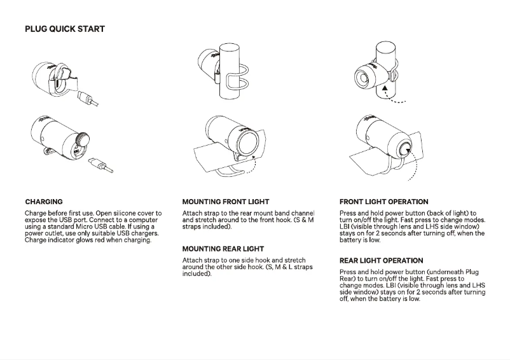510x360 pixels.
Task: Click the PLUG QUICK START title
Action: [x=65, y=29]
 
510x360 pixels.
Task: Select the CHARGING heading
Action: [x=44, y=202]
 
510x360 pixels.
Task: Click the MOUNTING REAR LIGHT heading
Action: [x=223, y=249]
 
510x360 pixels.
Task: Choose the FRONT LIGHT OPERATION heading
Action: [x=384, y=202]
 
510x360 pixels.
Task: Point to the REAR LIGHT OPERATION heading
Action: [x=382, y=260]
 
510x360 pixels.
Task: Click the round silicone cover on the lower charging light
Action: [x=83, y=140]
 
